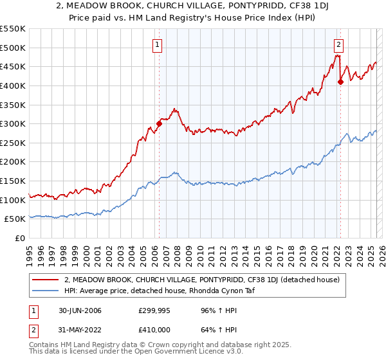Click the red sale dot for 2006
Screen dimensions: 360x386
pyautogui.click(x=159, y=124)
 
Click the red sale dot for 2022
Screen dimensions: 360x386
pyautogui.click(x=340, y=82)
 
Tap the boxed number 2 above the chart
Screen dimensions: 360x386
pyautogui.click(x=338, y=44)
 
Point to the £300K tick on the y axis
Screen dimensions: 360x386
pyautogui.click(x=14, y=123)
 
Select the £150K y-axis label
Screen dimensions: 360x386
pyautogui.click(x=14, y=181)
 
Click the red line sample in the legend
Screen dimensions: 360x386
pyautogui.click(x=46, y=279)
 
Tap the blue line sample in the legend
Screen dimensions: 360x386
pyautogui.click(x=46, y=290)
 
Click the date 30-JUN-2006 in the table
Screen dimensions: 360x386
pyautogui.click(x=77, y=310)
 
